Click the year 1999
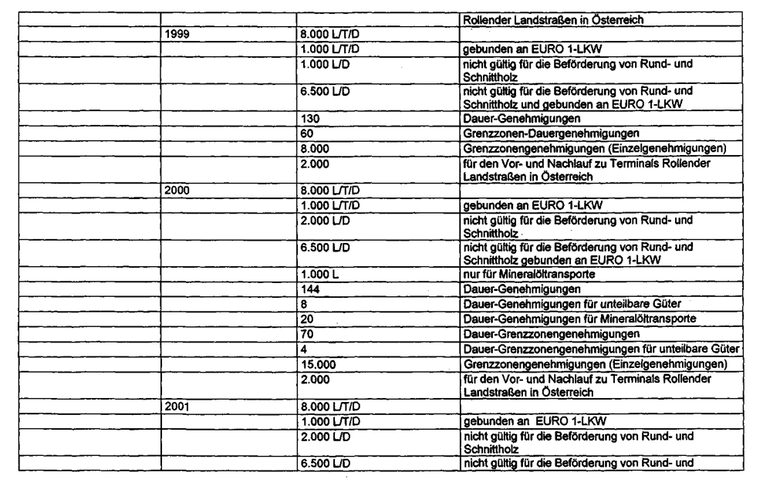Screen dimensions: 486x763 (177, 35)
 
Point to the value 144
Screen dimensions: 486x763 (311, 289)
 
